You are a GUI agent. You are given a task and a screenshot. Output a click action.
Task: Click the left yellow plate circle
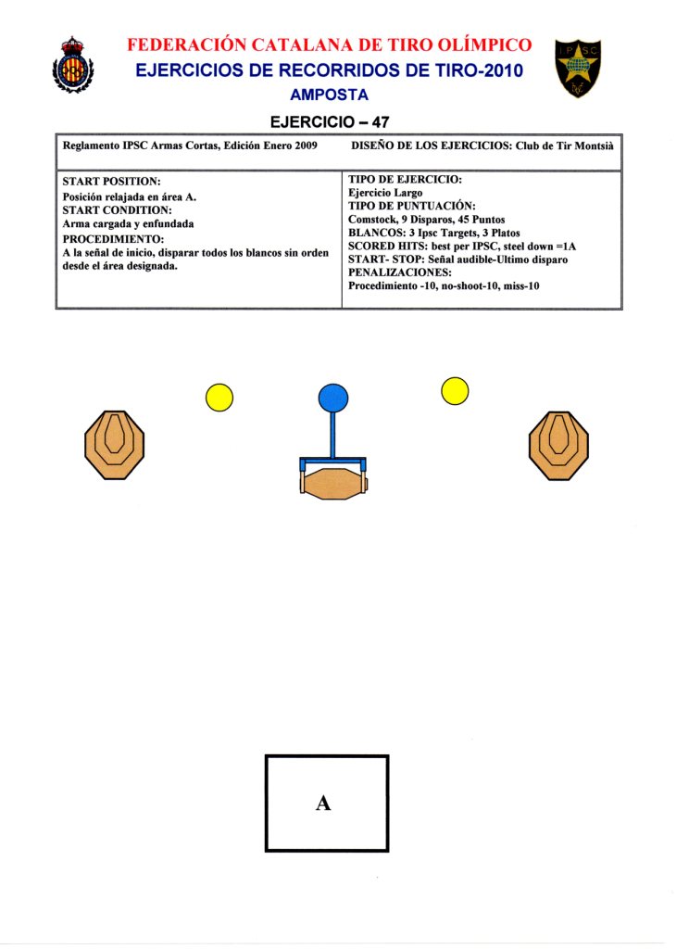219,398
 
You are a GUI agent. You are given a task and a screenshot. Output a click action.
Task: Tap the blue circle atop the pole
332,399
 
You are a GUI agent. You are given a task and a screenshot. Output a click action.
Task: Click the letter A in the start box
323,803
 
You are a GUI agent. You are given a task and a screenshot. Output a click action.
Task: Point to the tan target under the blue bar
333,483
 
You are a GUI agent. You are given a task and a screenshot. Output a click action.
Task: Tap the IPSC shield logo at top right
578,70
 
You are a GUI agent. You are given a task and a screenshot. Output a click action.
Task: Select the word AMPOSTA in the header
329,95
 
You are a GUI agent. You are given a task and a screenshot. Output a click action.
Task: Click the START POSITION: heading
112,182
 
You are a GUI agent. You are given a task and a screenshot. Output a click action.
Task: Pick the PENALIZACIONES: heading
400,273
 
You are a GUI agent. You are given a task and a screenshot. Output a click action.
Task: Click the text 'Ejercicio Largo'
385,193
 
